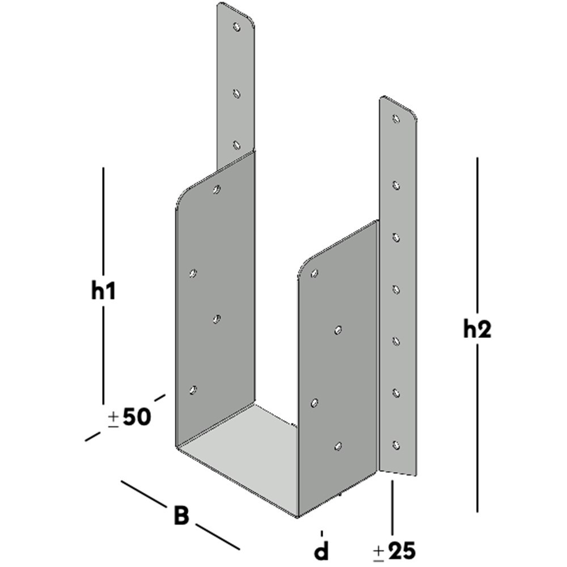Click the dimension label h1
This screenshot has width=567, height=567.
pyautogui.click(x=103, y=291)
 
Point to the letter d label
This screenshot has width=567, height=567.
pyautogui.click(x=321, y=549)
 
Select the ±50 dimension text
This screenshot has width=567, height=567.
pyautogui.click(x=129, y=418)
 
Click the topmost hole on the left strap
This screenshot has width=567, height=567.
pyautogui.click(x=237, y=27)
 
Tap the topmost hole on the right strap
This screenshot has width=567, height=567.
pyautogui.click(x=396, y=119)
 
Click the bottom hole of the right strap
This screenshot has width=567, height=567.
pyautogui.click(x=396, y=445)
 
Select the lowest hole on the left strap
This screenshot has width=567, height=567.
pyautogui.click(x=237, y=145)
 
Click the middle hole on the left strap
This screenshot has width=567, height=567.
pyautogui.click(x=237, y=93)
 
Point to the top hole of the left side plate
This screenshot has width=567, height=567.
pyautogui.click(x=216, y=189)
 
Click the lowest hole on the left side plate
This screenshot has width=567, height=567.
pyautogui.click(x=193, y=390)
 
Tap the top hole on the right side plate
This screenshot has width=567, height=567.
pyautogui.click(x=315, y=273)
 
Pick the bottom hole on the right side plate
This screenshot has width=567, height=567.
pyautogui.click(x=338, y=446)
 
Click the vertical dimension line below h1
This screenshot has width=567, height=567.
pyautogui.click(x=103, y=352)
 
